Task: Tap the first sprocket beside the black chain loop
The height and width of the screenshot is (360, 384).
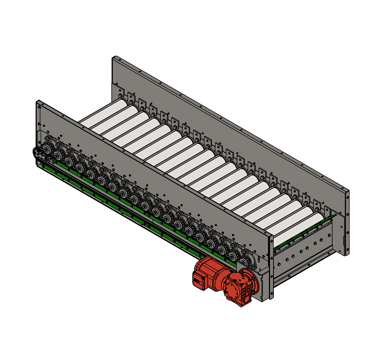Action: point(48,149)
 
